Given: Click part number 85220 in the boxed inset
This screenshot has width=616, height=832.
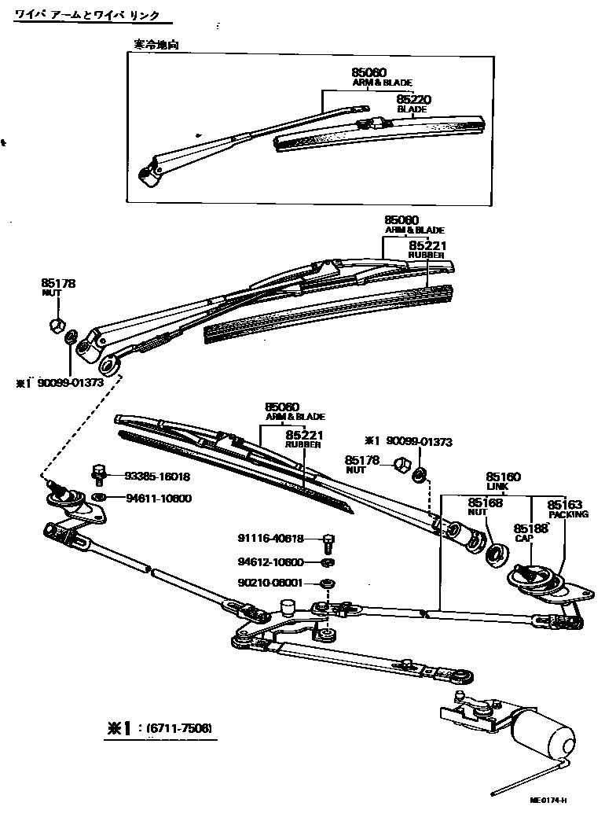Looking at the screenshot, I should click(413, 99).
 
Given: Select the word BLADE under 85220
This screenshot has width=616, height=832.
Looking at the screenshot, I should click(412, 109).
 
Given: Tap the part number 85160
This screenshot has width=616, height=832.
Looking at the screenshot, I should click(503, 477).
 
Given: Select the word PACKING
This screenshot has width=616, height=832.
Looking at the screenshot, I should click(568, 514).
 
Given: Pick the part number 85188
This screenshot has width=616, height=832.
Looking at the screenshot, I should click(530, 528).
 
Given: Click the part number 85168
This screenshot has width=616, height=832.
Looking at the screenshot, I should click(485, 503).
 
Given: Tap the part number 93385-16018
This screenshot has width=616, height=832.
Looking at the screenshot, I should click(157, 477).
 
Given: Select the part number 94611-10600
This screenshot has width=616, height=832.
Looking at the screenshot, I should click(157, 499).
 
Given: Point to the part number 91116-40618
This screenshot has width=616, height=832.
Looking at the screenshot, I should click(271, 539).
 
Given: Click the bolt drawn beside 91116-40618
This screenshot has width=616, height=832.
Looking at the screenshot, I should click(328, 541).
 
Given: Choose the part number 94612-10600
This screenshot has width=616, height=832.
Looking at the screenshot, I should click(271, 561).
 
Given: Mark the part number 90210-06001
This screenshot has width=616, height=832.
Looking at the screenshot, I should click(271, 584).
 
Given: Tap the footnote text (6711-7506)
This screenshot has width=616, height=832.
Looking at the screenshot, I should click(177, 728).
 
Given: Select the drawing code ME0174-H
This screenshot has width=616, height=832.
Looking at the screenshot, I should click(548, 801).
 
